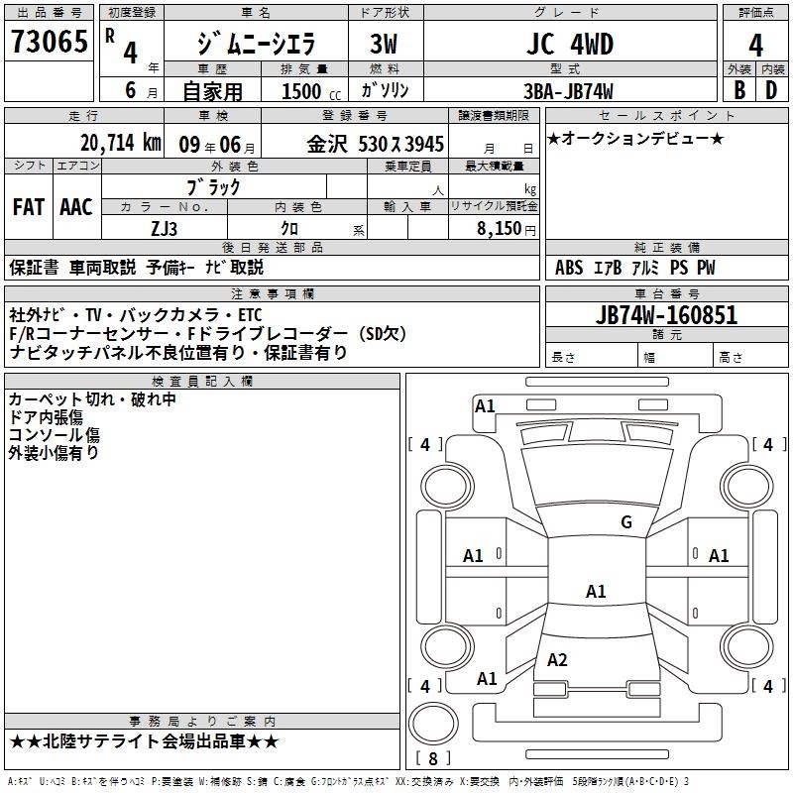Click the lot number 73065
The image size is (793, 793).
pyautogui.click(x=49, y=43)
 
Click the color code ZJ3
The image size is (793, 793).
pyautogui.click(x=165, y=227)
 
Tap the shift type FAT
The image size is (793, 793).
pyautogui.click(x=29, y=207)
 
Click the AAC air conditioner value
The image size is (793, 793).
pyautogui.click(x=76, y=207)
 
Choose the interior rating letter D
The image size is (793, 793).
pyautogui.click(x=771, y=90)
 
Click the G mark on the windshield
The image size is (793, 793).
pyautogui.click(x=625, y=522)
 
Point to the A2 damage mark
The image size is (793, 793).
pyautogui.click(x=557, y=660)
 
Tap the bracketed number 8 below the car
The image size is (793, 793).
pyautogui.click(x=432, y=759)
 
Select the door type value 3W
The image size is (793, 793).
pyautogui.click(x=383, y=44)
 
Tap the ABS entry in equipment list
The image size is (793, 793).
pyautogui.click(x=569, y=268)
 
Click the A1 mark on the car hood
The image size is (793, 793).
pyautogui.click(x=595, y=592)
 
